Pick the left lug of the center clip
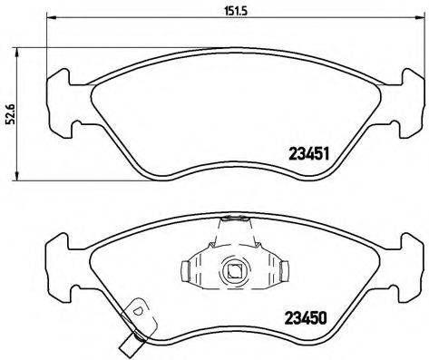188,270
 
